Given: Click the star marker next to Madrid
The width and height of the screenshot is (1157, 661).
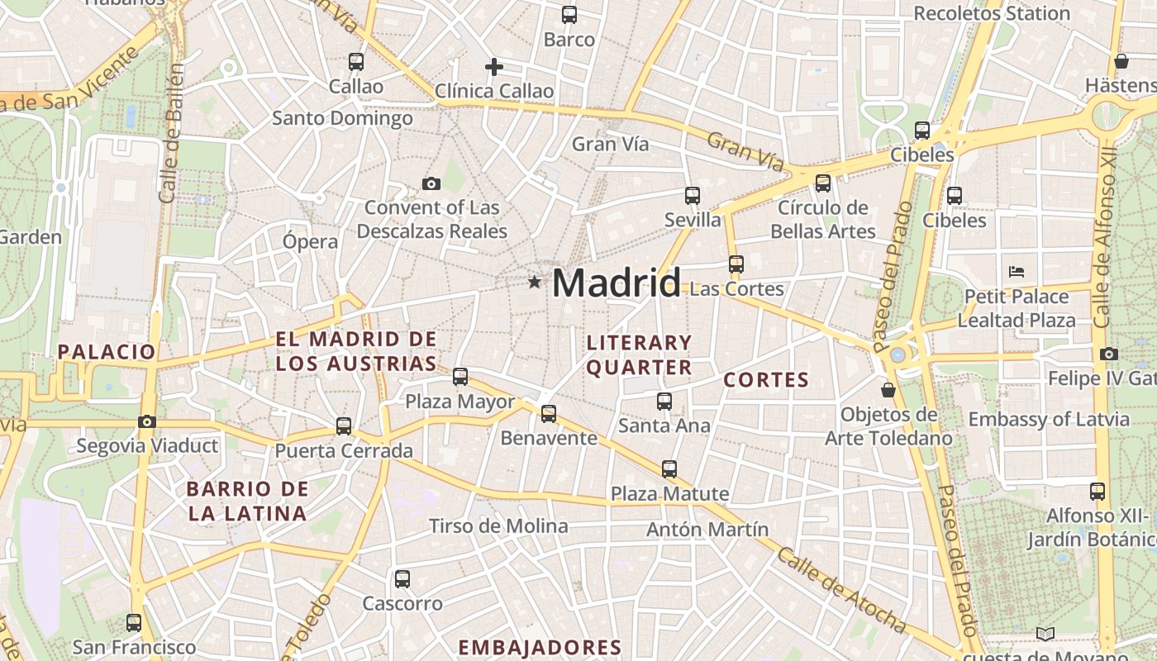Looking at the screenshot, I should point(535,283).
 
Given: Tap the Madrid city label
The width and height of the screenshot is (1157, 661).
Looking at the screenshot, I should point(617,283).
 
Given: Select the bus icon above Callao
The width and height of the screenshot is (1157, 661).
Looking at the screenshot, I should point(356,61).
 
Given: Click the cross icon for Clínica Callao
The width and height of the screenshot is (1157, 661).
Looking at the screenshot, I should point(494,67).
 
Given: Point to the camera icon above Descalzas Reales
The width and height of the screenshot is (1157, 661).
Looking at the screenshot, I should point(431,183).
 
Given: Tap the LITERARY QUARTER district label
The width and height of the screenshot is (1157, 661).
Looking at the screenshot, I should point(639,354).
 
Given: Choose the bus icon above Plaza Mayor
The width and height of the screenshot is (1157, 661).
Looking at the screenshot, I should point(460,377).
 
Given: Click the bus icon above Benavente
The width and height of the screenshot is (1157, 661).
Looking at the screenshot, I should point(549,413).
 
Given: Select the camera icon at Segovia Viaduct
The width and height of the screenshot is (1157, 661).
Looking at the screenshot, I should point(147,422).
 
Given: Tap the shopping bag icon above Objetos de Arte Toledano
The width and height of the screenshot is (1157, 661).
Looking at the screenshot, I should point(888,389).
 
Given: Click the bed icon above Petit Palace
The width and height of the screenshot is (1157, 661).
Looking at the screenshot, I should point(1017,271).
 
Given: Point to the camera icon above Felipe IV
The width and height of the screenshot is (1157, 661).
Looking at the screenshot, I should point(1109,354).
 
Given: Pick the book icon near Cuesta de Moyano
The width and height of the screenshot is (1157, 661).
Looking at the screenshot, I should point(1045,634).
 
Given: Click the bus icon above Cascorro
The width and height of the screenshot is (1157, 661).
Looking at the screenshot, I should point(402,579).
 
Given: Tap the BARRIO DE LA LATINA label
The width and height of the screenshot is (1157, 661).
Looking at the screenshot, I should point(248,501).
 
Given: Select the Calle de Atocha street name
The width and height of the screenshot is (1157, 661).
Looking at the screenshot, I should point(840,589).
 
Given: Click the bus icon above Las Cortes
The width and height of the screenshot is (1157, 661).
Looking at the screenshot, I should point(736,264).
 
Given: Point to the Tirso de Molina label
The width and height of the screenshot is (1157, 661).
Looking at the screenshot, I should point(498,525).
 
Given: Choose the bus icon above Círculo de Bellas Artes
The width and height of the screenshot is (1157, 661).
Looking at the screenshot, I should point(823,183).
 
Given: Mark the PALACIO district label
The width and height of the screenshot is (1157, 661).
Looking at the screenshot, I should point(107,352).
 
